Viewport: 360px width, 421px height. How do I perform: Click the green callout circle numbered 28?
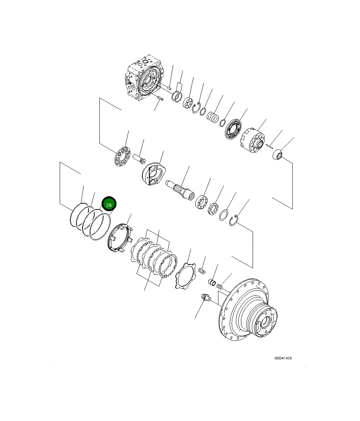pos(109,205)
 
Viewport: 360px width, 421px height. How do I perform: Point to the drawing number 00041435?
pos(283,358)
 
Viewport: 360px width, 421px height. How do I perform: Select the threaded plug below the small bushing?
pos(206,298)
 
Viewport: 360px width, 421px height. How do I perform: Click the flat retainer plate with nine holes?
pos(122,157)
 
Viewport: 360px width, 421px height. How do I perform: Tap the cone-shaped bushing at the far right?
pos(278,154)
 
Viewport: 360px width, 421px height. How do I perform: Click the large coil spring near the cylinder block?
pos(213,117)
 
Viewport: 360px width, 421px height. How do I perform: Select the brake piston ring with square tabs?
pos(118,239)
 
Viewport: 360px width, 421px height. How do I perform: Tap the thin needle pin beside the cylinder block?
pos(270,146)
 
